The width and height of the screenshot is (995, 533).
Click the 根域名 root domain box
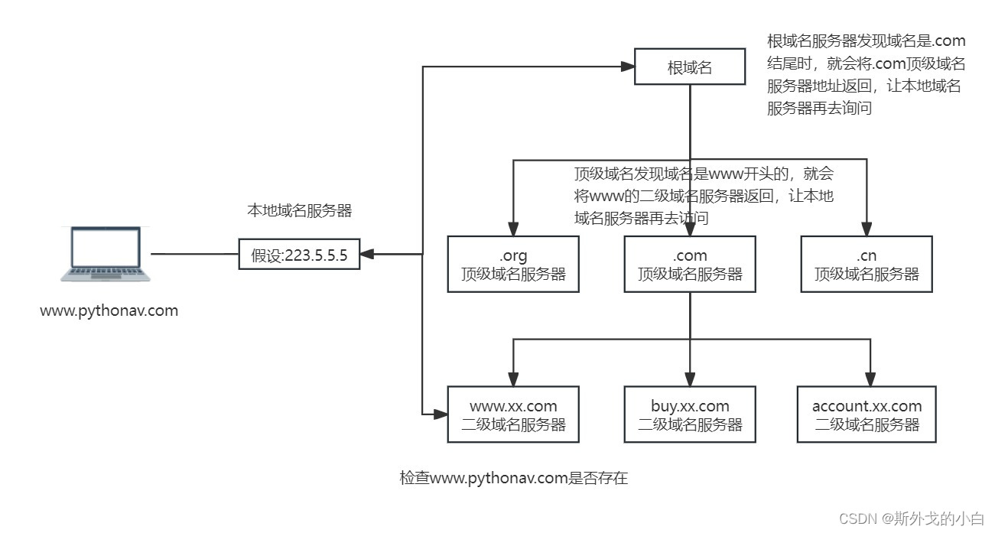point(690,67)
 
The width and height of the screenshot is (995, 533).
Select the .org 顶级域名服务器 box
point(512,264)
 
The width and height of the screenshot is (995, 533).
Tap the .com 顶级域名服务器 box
point(690,264)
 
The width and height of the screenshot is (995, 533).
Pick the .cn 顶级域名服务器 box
point(867,264)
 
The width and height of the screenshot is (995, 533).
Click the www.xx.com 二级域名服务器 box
point(512,414)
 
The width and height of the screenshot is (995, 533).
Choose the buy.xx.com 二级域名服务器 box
point(690,414)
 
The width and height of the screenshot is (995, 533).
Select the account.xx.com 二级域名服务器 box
point(867,414)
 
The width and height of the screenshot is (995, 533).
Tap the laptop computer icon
point(105,254)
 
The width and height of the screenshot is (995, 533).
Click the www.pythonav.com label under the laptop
point(109,311)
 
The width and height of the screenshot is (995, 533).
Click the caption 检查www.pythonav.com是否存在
point(513,479)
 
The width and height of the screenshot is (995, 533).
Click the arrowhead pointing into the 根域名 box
point(628,67)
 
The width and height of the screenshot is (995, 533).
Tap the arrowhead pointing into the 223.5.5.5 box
point(366,255)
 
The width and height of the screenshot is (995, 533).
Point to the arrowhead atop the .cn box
point(867,228)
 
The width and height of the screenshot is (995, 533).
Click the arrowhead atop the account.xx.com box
point(871,379)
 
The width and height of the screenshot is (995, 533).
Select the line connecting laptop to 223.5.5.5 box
point(194,255)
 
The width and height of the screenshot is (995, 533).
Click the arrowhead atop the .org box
point(513,228)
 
